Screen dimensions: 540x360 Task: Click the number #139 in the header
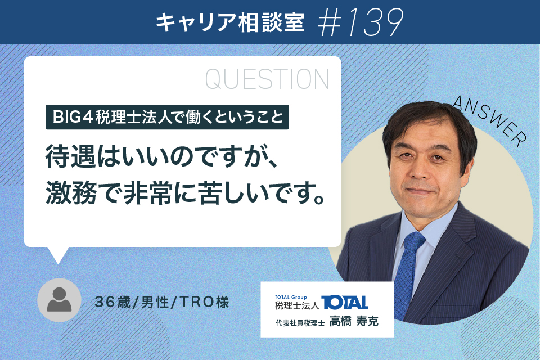click(x=361, y=22)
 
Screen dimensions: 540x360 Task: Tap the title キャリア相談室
click(x=230, y=23)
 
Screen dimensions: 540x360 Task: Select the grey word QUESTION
click(x=267, y=79)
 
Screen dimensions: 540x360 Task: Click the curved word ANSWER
click(x=489, y=120)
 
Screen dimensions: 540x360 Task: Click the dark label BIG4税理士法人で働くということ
click(x=167, y=117)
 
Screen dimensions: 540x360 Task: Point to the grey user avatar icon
click(x=59, y=300)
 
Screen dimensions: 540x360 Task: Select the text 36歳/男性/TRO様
click(x=162, y=302)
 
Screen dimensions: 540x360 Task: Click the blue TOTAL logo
click(x=345, y=303)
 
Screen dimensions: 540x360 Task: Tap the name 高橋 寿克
click(x=354, y=321)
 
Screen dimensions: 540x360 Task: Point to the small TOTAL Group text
click(x=291, y=297)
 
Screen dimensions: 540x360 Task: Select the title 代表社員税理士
click(x=300, y=323)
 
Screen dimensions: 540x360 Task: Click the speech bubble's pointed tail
click(x=58, y=255)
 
